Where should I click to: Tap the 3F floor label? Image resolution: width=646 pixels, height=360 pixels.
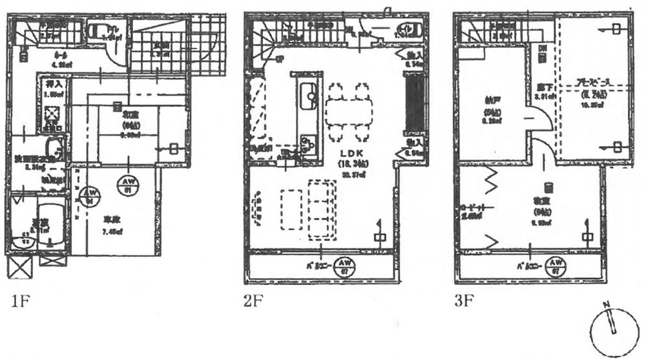pos(464,301)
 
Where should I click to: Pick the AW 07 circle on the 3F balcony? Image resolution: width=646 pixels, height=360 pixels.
pos(553,265)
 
